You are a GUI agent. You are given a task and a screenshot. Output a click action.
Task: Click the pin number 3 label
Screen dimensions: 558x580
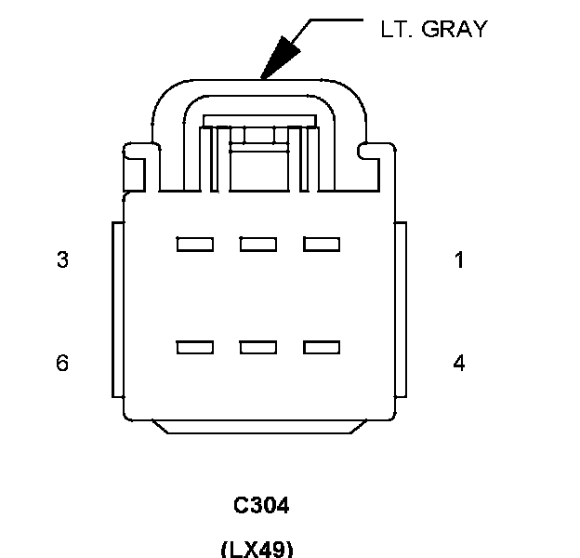[62, 260]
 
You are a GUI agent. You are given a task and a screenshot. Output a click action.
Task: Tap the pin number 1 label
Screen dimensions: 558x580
[459, 260]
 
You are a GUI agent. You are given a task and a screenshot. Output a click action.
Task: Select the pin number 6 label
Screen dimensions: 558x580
[62, 363]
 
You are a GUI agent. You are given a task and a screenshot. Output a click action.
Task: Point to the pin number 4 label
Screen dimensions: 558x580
[459, 363]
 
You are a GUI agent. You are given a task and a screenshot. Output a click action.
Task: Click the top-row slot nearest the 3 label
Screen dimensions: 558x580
[195, 245]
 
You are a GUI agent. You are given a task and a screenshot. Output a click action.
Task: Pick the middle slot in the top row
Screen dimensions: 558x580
[258, 245]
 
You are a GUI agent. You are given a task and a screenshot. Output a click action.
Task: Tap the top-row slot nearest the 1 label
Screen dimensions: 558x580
[322, 245]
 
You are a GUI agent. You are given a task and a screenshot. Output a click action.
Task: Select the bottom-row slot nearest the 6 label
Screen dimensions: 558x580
[195, 348]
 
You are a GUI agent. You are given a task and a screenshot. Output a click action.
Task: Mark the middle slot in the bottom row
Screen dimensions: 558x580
[258, 348]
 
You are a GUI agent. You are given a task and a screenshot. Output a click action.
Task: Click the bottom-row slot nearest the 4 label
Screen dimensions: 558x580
[322, 348]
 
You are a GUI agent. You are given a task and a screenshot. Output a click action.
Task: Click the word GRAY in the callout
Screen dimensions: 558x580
[455, 29]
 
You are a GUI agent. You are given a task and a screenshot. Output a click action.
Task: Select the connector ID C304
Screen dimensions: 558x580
[261, 506]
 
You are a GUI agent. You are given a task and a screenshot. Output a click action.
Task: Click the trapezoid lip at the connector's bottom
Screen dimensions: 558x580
[259, 427]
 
